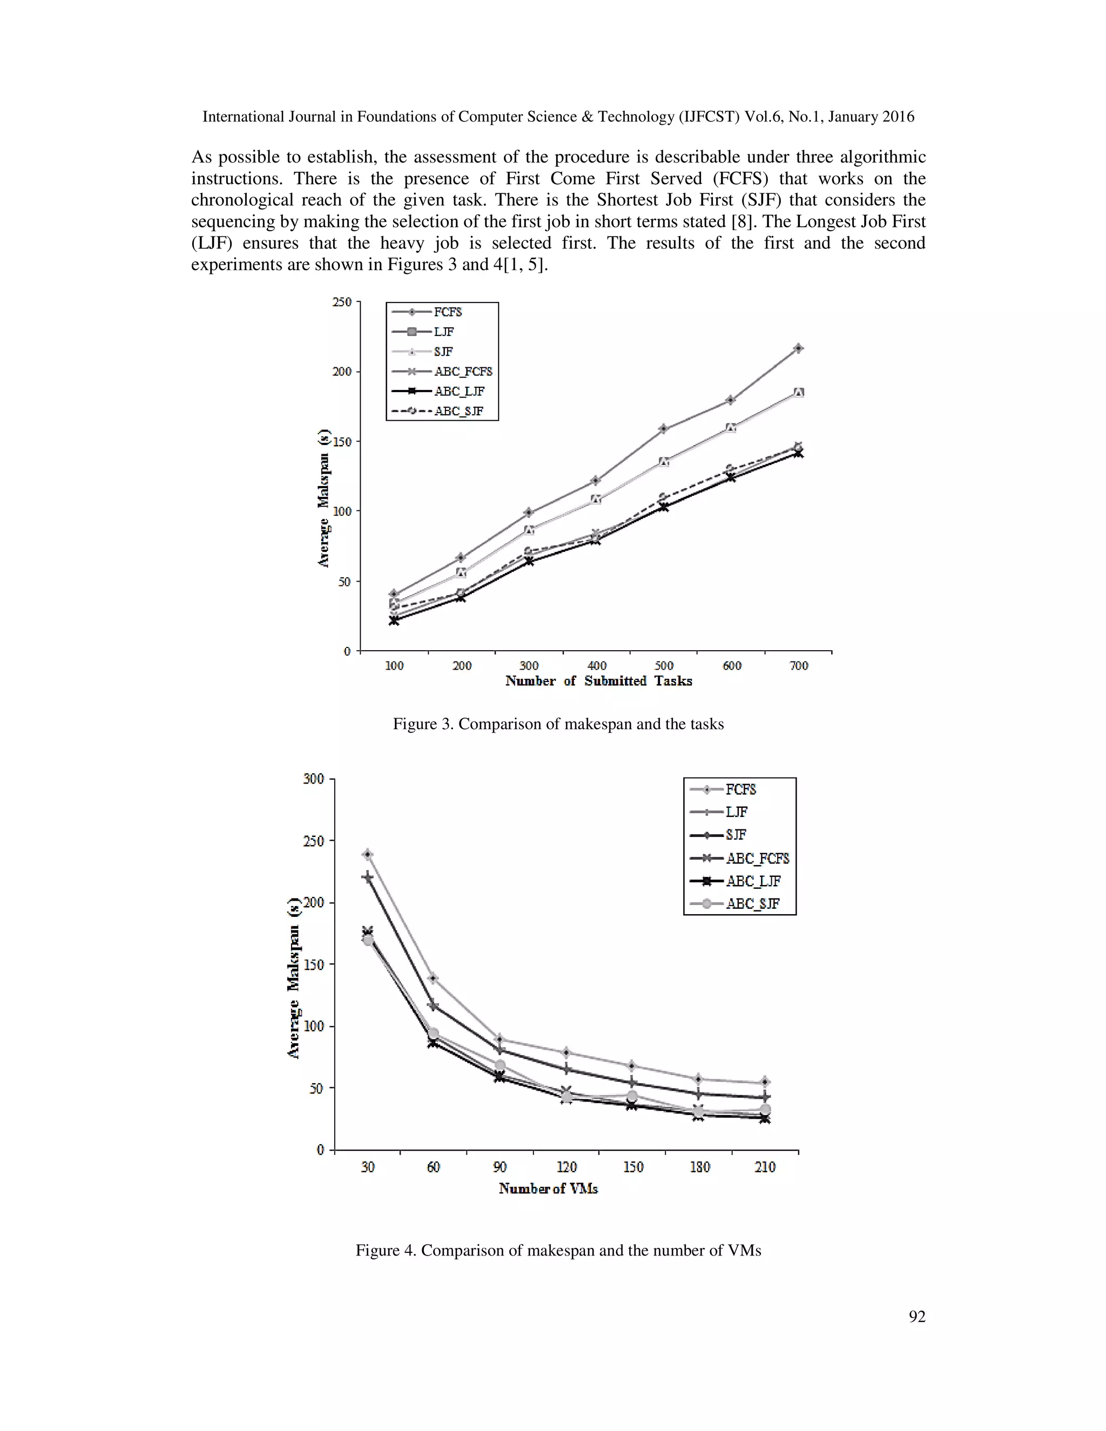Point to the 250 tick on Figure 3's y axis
click(x=342, y=302)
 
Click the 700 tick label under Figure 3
click(x=799, y=666)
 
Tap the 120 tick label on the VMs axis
click(x=566, y=1167)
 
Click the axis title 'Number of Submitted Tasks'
click(x=598, y=681)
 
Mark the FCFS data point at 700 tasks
click(x=799, y=349)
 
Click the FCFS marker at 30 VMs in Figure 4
click(x=368, y=854)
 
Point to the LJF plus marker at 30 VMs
click(x=368, y=876)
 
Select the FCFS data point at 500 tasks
click(x=664, y=429)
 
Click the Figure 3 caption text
click(x=558, y=724)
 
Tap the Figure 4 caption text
click(x=558, y=1250)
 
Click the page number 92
click(x=916, y=1317)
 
